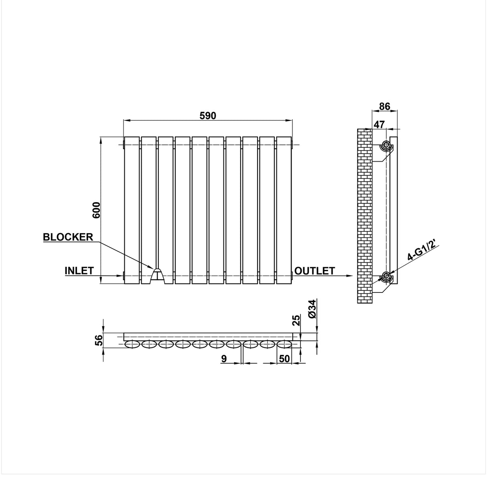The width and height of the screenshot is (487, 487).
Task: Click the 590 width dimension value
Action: point(208,116)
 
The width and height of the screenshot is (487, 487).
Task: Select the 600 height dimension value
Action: point(96,210)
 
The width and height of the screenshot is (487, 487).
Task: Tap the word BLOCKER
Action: point(68,237)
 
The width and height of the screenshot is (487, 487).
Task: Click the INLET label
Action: point(79,271)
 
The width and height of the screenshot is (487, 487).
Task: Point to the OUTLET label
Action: point(315,271)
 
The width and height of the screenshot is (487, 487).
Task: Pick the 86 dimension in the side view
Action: point(384,107)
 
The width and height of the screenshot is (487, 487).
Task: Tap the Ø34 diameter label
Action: point(313,309)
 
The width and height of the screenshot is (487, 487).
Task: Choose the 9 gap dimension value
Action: point(224,359)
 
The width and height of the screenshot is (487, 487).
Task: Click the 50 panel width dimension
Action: point(284,359)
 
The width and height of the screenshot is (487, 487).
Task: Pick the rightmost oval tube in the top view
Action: point(284,344)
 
